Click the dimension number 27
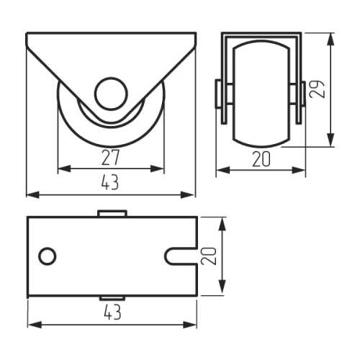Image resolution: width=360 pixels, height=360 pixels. tap(110, 158)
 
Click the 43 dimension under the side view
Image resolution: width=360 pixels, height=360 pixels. tap(110, 182)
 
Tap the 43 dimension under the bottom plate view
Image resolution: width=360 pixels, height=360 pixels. tap(112, 312)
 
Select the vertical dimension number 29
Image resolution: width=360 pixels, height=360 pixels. tap(318, 89)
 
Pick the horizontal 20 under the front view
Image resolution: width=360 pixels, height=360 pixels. tap(261, 159)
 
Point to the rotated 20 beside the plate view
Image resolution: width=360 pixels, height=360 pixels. tap(209, 256)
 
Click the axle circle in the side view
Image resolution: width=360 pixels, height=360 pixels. tap(111, 94)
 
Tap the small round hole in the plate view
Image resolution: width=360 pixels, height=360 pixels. tap(48, 256)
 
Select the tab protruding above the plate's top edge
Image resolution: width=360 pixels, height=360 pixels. tap(112, 213)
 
